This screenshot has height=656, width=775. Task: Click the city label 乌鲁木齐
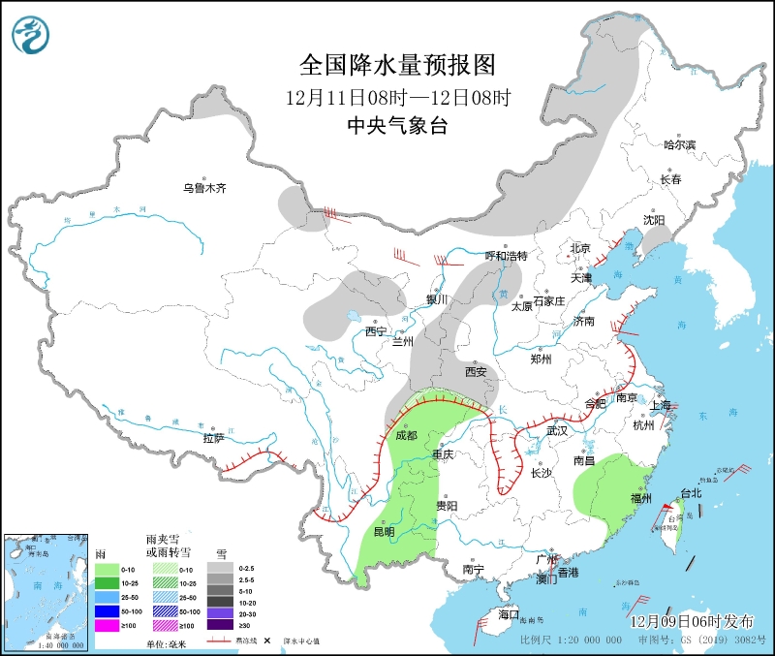(x=204, y=188)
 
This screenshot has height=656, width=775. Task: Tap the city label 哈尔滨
(x=679, y=145)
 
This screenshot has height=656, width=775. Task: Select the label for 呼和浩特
(x=506, y=256)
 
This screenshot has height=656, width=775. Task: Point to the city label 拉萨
(x=213, y=438)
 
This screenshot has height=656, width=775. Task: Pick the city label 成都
(x=406, y=436)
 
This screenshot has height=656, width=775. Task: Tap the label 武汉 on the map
(x=557, y=429)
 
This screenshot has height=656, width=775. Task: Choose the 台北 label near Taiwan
(x=691, y=493)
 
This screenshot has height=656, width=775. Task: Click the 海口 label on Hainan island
(x=509, y=614)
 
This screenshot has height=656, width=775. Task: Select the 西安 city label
(x=475, y=371)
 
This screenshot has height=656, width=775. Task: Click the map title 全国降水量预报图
(x=397, y=65)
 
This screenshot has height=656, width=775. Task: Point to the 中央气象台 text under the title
(x=397, y=126)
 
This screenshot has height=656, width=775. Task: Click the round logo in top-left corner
(x=31, y=36)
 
